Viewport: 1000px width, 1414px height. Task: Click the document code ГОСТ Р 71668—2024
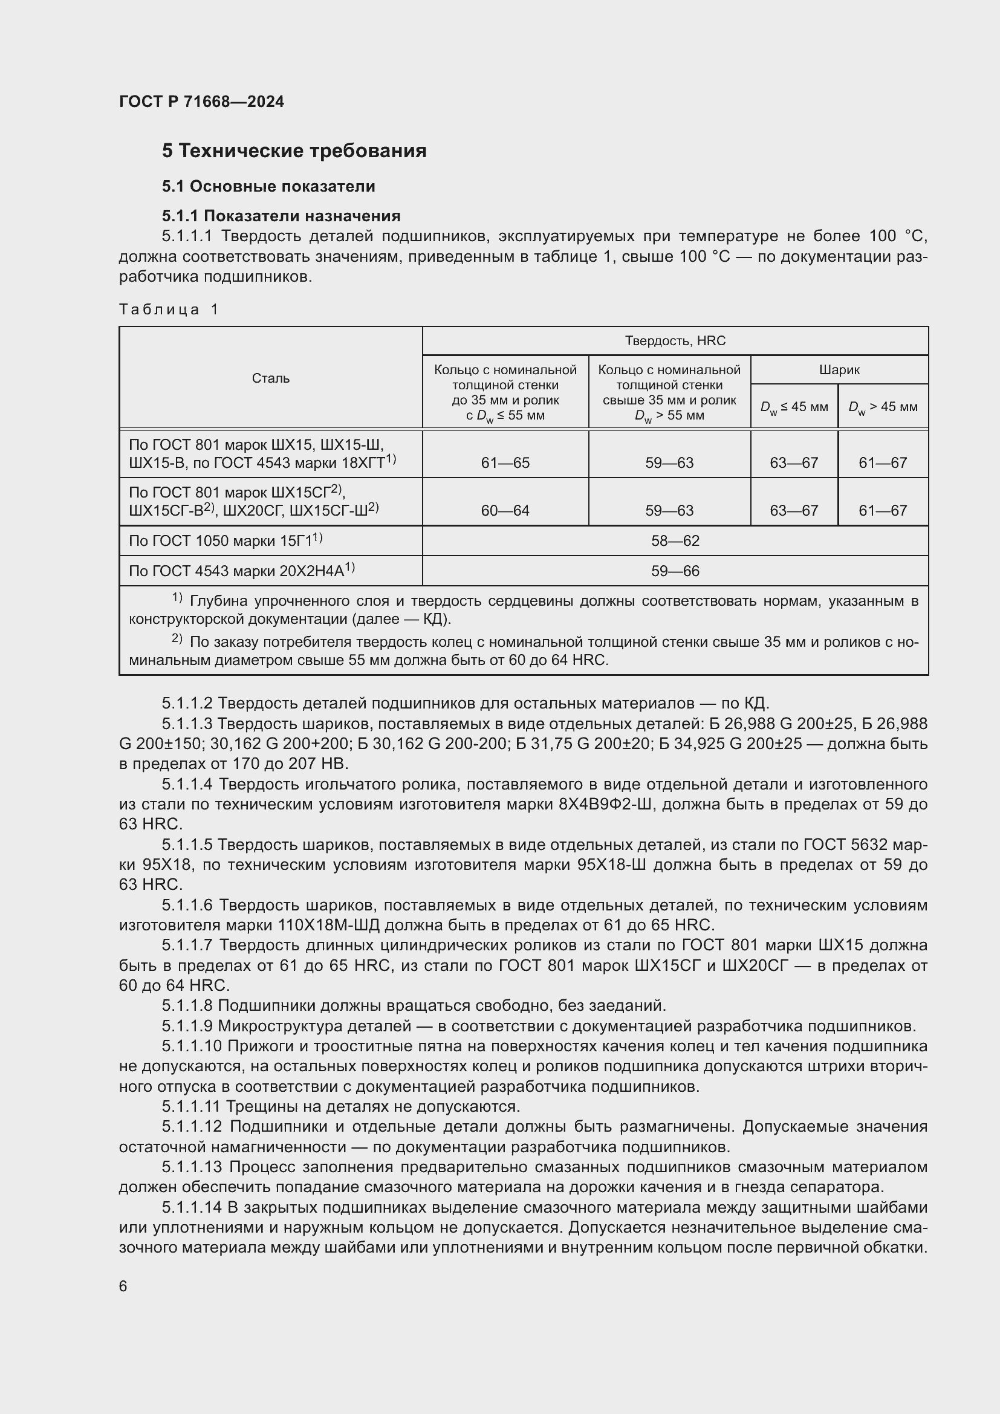tap(201, 102)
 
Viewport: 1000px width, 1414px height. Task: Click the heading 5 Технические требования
tap(294, 151)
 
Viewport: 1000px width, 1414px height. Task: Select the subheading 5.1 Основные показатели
tap(268, 186)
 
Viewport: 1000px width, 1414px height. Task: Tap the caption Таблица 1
tap(169, 309)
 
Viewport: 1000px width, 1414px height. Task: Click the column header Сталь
tap(270, 378)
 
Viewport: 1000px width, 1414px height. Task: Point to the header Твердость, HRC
tap(675, 340)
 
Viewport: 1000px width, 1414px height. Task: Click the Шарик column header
tap(839, 370)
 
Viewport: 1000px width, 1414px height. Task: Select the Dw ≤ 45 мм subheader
tap(794, 407)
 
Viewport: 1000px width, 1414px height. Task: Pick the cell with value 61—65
tap(505, 462)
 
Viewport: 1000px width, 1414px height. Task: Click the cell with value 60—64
tap(505, 511)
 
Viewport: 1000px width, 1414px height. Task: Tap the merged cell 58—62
tap(675, 540)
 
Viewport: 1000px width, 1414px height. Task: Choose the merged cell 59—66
tap(675, 571)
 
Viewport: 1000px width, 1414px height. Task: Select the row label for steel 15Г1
tap(226, 540)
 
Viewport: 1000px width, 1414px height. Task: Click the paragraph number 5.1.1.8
tap(187, 1006)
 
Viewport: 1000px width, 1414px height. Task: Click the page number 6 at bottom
tap(123, 1286)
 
